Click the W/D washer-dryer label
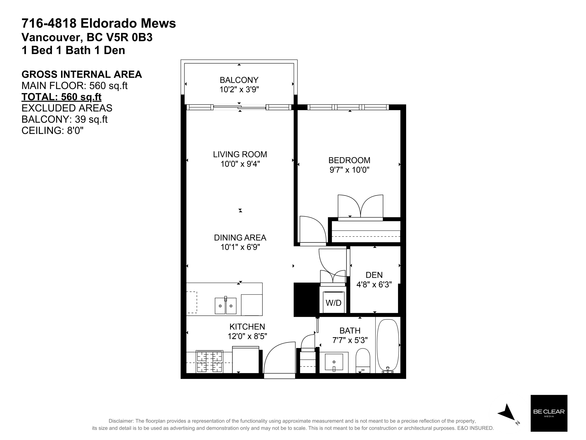coord(333,303)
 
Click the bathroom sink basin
coord(334,362)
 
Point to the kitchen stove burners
coord(209,362)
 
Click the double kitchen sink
coord(225,306)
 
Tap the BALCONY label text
coord(239,80)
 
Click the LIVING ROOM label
coord(240,154)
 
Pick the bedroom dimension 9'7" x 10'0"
coord(349,170)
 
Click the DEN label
coord(374,275)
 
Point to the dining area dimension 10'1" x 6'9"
coord(240,247)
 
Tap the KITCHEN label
coord(247,327)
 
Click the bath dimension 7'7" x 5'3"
coord(350,340)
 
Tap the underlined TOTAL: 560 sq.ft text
coord(61,97)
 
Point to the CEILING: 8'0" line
coord(52,131)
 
